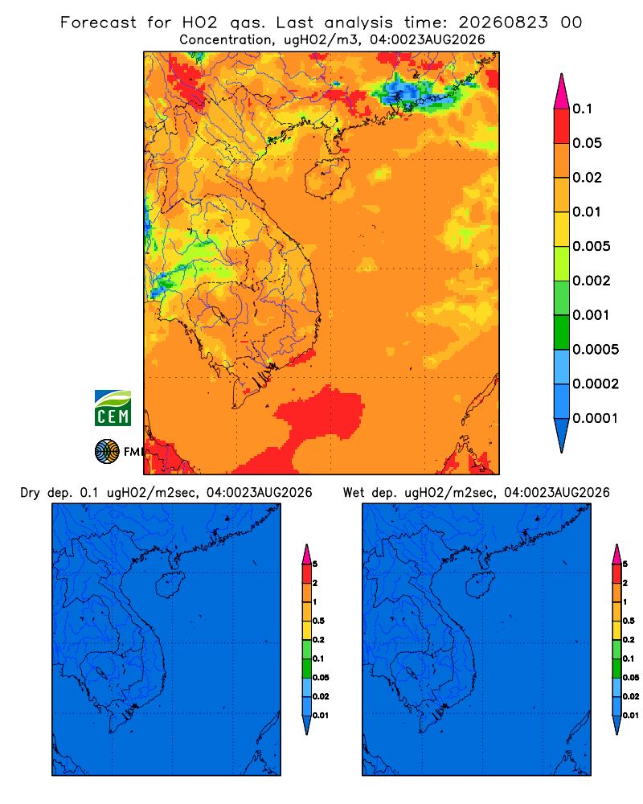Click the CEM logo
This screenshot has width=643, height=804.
[x=113, y=408]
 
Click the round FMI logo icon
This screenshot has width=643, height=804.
[x=107, y=451]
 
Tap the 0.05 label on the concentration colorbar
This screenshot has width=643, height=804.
[x=587, y=143]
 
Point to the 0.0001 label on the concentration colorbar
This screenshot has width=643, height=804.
[x=596, y=418]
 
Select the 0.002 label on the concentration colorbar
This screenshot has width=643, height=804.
[x=592, y=281]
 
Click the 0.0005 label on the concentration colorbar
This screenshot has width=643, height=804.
[x=596, y=350]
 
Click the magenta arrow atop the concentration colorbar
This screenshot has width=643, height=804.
[x=562, y=92]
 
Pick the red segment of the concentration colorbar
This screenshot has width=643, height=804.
[x=562, y=126]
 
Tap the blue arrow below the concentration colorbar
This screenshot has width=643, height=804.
[x=562, y=435]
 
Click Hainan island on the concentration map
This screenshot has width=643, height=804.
[x=326, y=178]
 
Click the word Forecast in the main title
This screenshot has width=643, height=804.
[x=98, y=23]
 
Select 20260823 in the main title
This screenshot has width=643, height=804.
[x=503, y=23]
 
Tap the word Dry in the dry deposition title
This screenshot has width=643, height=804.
[x=31, y=493]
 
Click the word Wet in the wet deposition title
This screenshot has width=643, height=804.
[x=354, y=493]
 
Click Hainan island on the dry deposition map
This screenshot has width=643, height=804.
[x=168, y=585]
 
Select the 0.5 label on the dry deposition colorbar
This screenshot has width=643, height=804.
[x=318, y=621]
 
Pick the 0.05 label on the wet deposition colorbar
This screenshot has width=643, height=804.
[x=631, y=678]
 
